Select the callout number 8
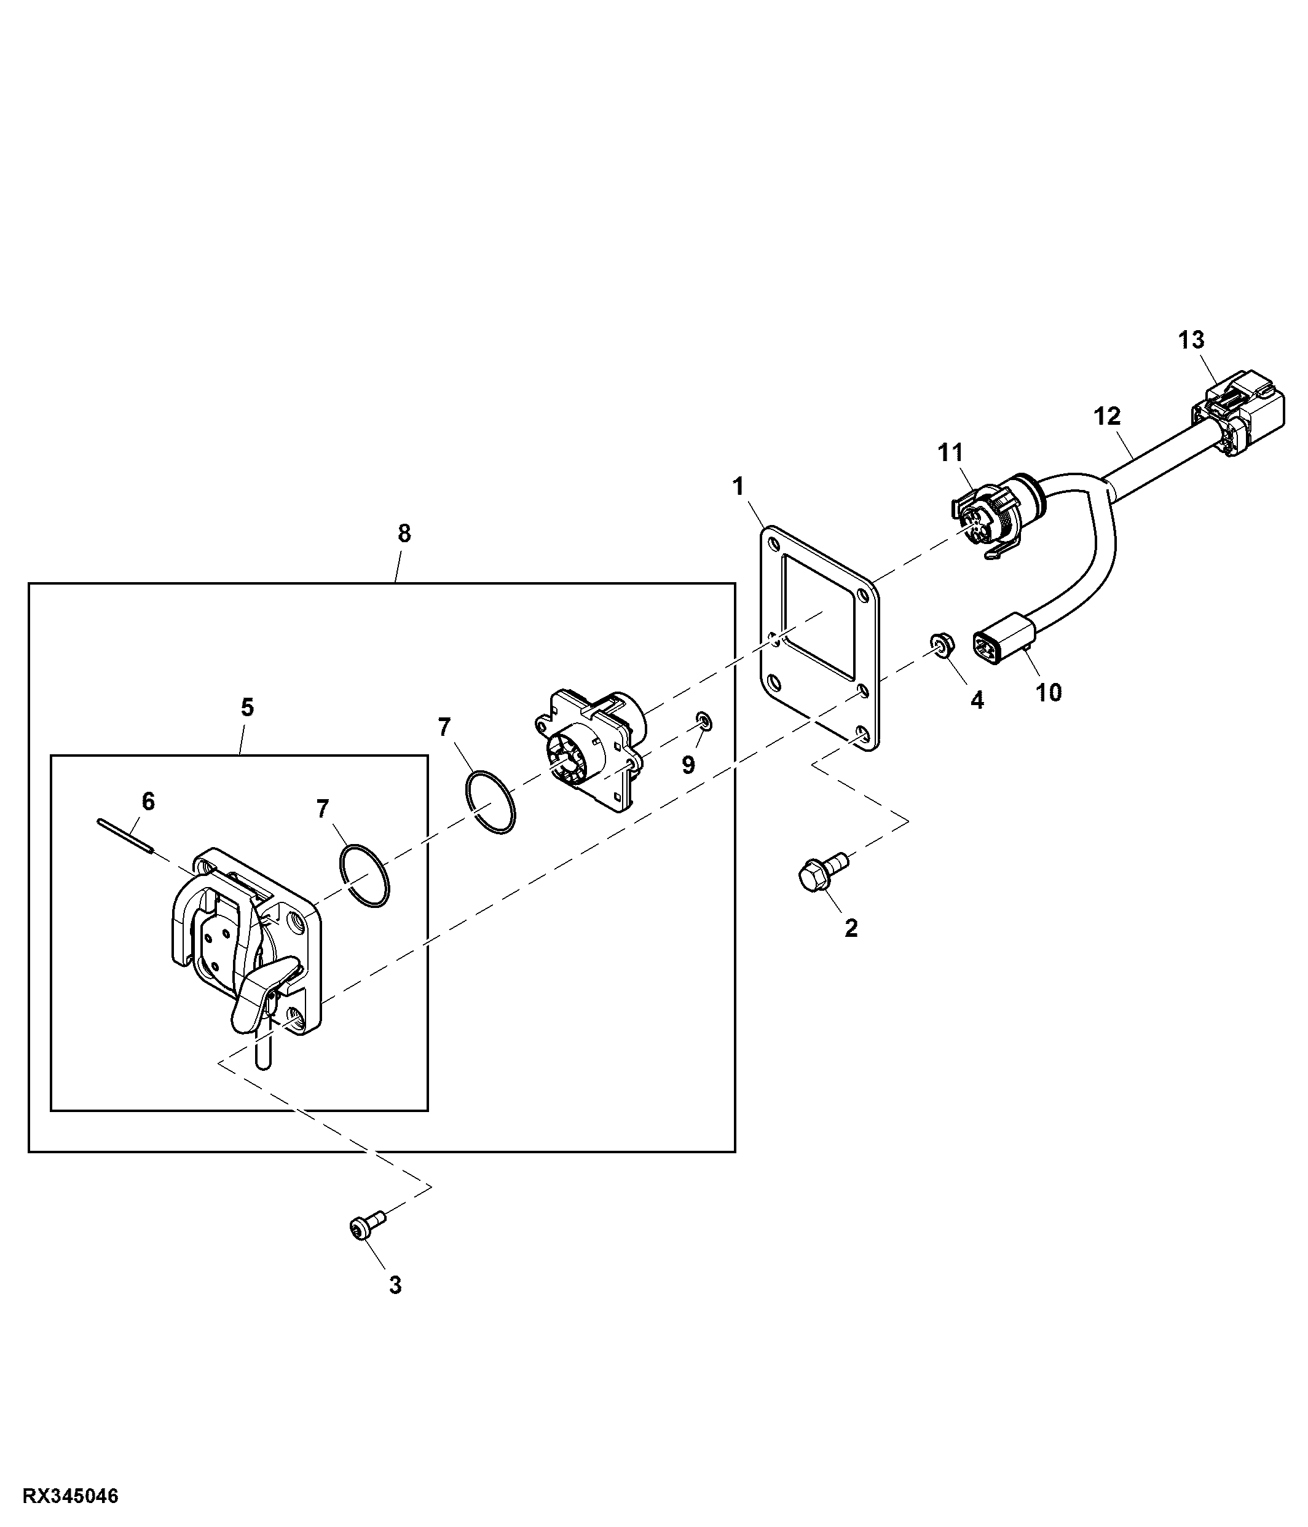[404, 534]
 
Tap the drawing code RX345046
[71, 1497]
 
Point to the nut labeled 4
[940, 644]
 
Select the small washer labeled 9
[704, 720]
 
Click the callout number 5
[247, 708]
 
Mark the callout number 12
[1107, 416]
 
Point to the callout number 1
[738, 486]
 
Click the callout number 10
[1049, 693]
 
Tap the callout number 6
[148, 801]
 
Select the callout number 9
[688, 765]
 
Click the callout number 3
[395, 1285]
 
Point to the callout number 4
[977, 700]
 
